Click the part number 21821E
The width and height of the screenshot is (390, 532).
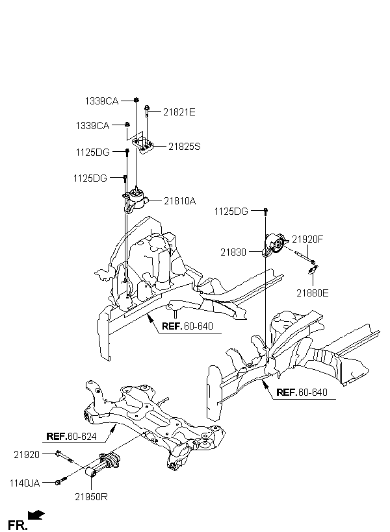pyautogui.click(x=179, y=112)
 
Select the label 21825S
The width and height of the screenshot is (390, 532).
pyautogui.click(x=185, y=147)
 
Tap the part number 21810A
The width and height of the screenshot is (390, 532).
pyautogui.click(x=180, y=201)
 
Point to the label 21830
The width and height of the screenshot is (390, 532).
pyautogui.click(x=233, y=252)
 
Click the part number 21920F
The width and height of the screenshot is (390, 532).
pyautogui.click(x=307, y=239)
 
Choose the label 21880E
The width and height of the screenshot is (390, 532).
pyautogui.click(x=313, y=293)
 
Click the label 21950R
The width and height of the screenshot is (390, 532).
pyautogui.click(x=91, y=497)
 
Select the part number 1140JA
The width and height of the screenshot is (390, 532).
pyautogui.click(x=25, y=483)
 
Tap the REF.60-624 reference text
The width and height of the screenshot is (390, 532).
pyautogui.click(x=71, y=437)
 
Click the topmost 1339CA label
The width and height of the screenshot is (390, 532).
pyautogui.click(x=101, y=101)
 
